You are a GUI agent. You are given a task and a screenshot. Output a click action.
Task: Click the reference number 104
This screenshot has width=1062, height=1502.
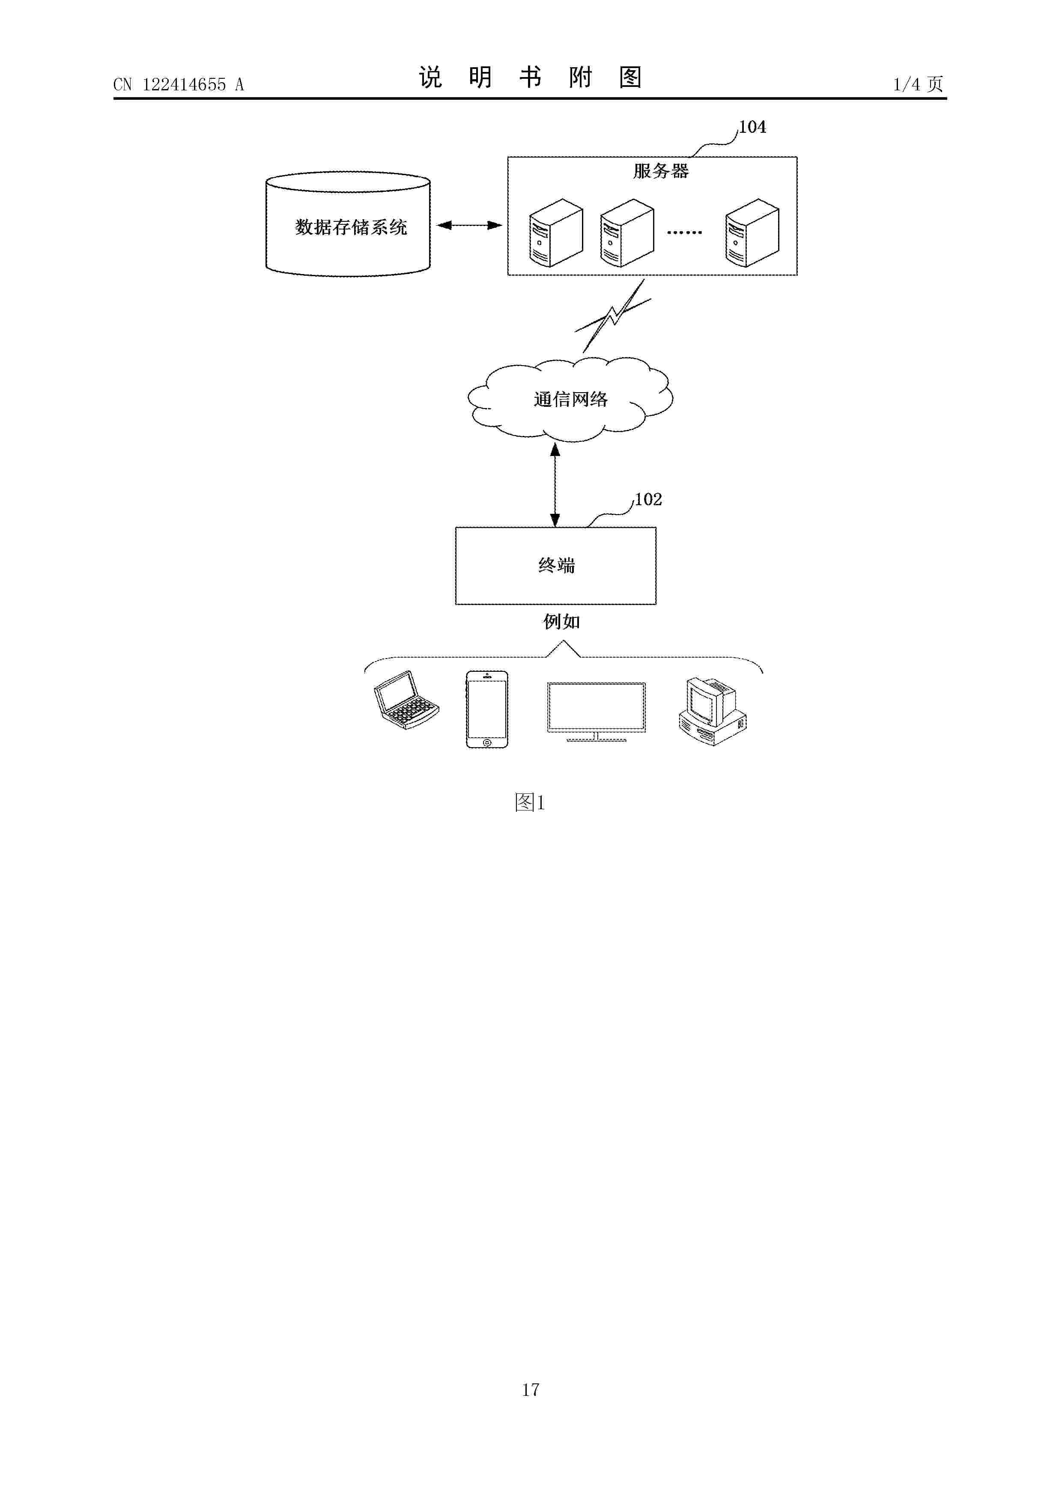coord(752,127)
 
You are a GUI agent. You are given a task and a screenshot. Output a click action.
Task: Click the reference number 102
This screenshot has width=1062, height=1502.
coord(648,500)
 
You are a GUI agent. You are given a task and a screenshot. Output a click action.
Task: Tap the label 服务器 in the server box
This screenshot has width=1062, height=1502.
coord(661,171)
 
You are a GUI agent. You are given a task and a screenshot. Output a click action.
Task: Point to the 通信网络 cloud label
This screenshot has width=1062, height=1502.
coord(570,399)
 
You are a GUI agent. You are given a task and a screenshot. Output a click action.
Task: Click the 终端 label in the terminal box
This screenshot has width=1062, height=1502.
coord(556,565)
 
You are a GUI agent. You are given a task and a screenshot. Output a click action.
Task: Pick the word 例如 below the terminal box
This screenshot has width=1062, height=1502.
coord(561,621)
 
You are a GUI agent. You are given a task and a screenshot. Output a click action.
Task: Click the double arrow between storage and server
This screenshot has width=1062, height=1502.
coord(469,225)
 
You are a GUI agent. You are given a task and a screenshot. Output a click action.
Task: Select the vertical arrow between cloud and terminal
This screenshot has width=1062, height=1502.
coord(555,485)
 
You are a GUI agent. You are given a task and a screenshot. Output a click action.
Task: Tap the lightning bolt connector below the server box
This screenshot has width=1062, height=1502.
coord(612,316)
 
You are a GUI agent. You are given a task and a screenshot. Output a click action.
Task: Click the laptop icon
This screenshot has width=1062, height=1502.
coord(405,699)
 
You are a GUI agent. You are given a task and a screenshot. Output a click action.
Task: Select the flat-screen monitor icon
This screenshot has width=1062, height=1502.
coord(596,712)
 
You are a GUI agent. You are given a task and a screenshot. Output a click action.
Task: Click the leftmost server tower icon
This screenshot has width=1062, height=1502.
coord(555,233)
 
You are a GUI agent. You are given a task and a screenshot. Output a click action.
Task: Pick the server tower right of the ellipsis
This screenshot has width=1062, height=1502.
coord(752,233)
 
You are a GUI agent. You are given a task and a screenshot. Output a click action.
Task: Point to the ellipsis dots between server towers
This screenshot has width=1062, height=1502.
coord(684,232)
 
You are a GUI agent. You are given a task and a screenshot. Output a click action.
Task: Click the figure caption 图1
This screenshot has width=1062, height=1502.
coord(530,802)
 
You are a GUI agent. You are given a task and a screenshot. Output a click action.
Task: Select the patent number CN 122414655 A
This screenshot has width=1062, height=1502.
coord(179,84)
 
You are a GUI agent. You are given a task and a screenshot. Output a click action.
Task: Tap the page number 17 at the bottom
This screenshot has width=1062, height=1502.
coord(531,1389)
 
